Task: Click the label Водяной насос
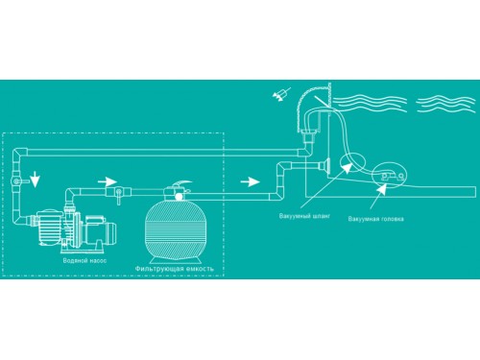pyautogui.click(x=84, y=260)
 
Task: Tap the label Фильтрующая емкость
pyautogui.click(x=174, y=269)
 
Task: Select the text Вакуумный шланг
pyautogui.click(x=304, y=216)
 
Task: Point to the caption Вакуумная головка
pyautogui.click(x=375, y=219)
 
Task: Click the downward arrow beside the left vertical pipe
pyautogui.click(x=35, y=180)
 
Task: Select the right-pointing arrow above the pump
pyautogui.click(x=108, y=182)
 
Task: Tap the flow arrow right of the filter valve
pyautogui.click(x=250, y=182)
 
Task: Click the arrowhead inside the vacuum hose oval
pyautogui.click(x=346, y=168)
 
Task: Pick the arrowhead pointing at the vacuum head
pyautogui.click(x=381, y=188)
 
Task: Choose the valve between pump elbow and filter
pyautogui.click(x=118, y=193)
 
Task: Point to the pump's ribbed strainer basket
pyautogui.click(x=48, y=228)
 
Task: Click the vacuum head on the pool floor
pyautogui.click(x=390, y=175)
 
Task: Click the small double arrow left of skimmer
pyautogui.click(x=281, y=94)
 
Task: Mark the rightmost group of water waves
pyautogui.click(x=445, y=103)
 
